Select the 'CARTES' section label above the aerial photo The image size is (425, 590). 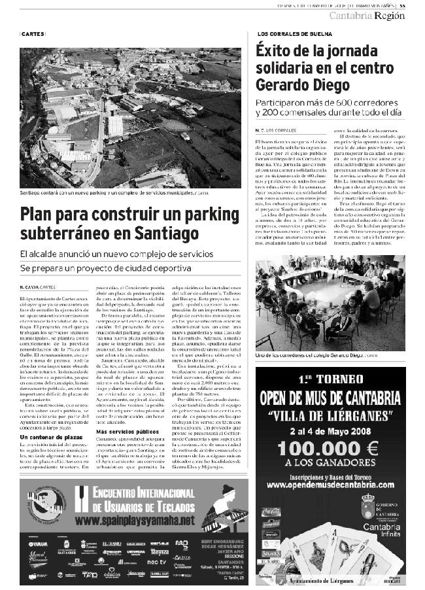tap(33, 34)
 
